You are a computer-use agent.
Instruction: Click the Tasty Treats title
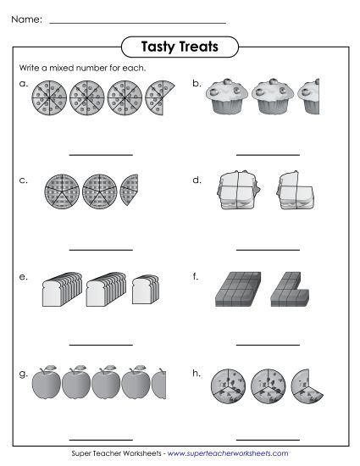[180, 47]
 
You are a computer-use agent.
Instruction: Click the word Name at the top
[27, 19]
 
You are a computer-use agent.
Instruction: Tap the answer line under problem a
[101, 155]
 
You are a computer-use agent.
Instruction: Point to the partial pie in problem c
[129, 191]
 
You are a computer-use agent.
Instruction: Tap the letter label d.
[197, 180]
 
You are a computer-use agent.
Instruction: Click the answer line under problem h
[268, 439]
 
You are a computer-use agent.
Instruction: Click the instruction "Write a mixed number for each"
[71, 68]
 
